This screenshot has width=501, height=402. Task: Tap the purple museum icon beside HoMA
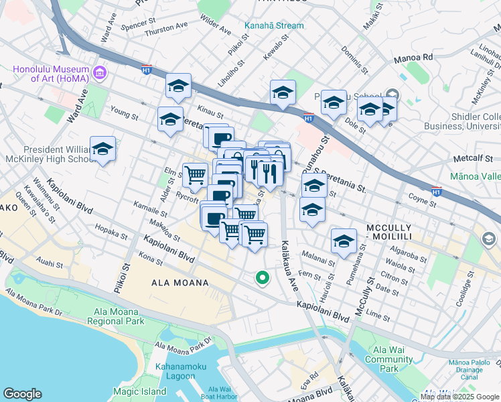coord(100,72)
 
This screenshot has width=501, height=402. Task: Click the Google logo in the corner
coord(23,394)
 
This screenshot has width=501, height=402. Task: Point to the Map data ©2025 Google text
coord(459,396)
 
